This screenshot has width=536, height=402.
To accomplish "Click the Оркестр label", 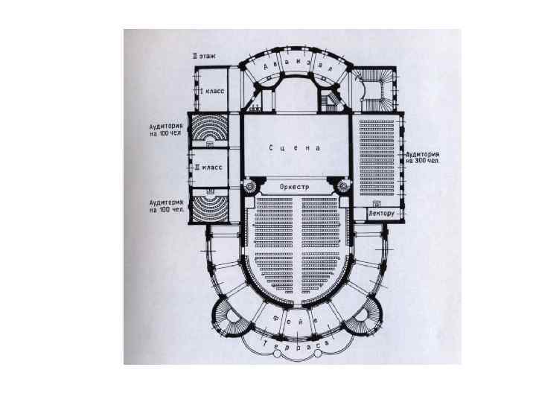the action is pos(294,186).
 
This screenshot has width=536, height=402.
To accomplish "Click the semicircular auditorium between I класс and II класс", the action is pos(210,131).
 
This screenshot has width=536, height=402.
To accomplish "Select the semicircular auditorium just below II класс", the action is pos(210,206).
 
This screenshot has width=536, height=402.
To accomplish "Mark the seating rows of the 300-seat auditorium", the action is pos(377,156).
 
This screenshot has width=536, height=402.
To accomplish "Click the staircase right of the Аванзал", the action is pos(370,85).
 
